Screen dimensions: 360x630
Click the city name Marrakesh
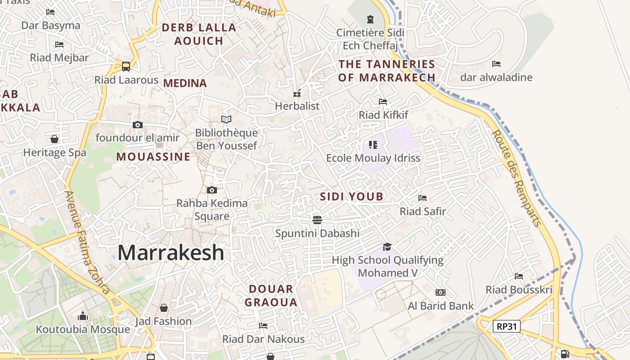point(171,252)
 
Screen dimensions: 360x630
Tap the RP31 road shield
point(506,326)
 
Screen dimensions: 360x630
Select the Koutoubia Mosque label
point(83,329)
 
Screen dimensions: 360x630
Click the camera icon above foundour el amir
point(138,125)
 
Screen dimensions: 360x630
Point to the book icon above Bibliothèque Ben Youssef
point(226,119)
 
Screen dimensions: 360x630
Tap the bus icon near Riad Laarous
point(126,67)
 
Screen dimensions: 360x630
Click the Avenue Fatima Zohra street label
point(87,243)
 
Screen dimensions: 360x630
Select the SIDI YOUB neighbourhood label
point(351,197)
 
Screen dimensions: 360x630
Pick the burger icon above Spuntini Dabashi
point(317,220)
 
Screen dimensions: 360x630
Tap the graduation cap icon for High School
point(387,247)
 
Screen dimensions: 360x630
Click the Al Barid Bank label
point(441,306)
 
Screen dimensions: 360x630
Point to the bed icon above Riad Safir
point(422,198)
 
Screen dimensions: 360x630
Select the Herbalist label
point(297,106)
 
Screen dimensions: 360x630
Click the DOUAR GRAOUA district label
point(271,295)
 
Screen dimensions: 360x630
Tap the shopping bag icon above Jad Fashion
point(164,308)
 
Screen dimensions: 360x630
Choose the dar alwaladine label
point(496,77)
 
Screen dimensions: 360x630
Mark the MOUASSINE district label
point(153,157)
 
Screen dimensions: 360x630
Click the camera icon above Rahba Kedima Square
point(212,190)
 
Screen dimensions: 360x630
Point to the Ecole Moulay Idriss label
point(373,158)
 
